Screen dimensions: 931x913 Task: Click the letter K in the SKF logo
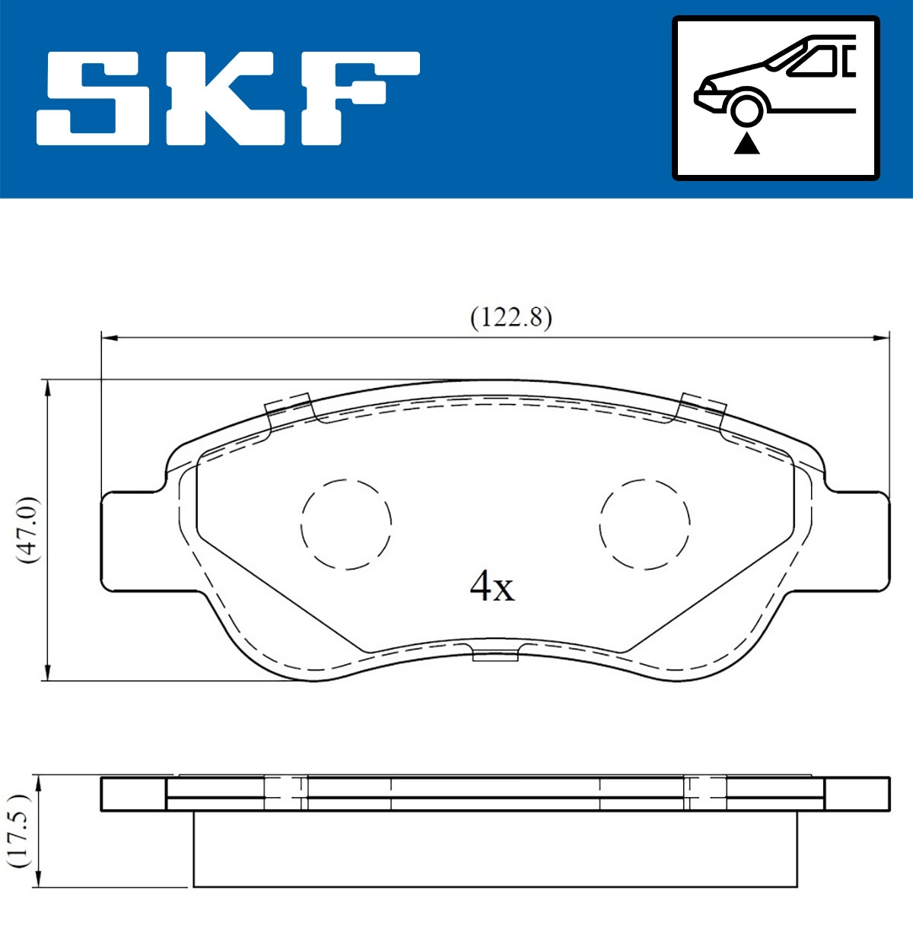coord(221,98)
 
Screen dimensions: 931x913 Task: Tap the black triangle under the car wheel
coord(746,143)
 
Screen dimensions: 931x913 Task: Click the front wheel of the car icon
coord(746,108)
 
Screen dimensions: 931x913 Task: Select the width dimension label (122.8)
coord(511,316)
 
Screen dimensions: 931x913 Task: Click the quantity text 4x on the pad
coord(491,586)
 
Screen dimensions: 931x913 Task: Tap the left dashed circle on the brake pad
coord(346,524)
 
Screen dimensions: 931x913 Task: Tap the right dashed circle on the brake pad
coord(644,524)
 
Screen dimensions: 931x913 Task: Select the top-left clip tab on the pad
coord(289,408)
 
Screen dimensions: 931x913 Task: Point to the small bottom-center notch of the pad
coord(495,653)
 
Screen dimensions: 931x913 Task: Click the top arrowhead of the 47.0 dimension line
coord(48,388)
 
